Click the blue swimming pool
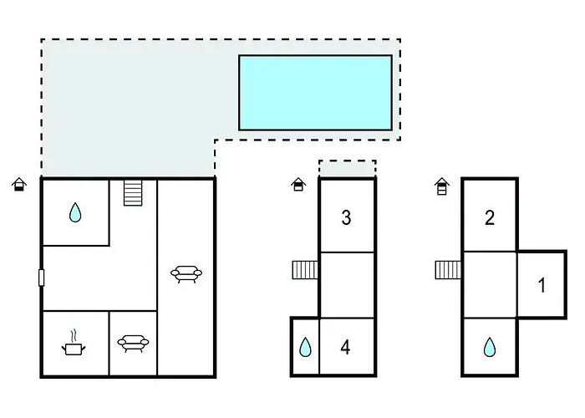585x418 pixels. (x=315, y=93)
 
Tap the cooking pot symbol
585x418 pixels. (x=74, y=345)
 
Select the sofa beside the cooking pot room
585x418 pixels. (x=133, y=344)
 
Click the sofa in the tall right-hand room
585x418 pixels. (x=186, y=274)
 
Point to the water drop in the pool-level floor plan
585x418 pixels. (x=75, y=212)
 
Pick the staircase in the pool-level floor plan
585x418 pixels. (x=133, y=192)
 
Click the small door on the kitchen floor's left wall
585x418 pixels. (x=42, y=278)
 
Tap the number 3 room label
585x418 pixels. (x=346, y=217)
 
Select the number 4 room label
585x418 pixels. (x=345, y=348)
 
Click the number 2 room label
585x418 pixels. (x=490, y=217)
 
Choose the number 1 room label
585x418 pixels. (x=542, y=285)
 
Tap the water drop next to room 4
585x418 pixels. (x=305, y=347)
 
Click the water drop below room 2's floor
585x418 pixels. (x=490, y=347)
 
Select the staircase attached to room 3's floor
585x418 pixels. (x=305, y=270)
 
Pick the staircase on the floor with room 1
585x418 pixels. (x=449, y=270)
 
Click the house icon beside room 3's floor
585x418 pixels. (x=298, y=185)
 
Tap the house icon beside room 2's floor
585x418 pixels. (x=442, y=186)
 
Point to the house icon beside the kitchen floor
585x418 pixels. (x=19, y=185)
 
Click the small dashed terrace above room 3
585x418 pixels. (x=348, y=169)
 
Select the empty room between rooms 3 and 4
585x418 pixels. (x=348, y=285)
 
